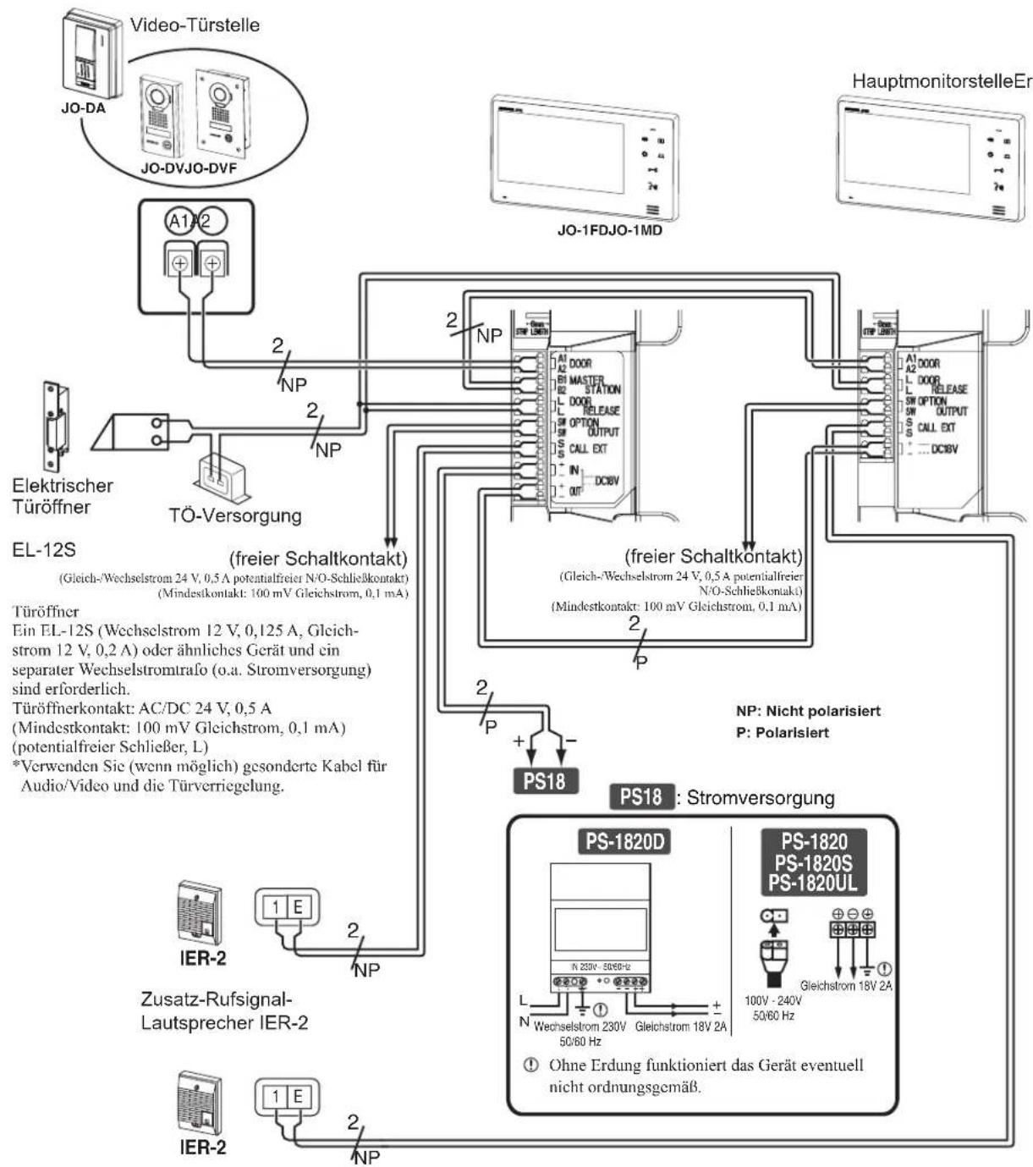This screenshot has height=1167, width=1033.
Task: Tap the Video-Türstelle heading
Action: pyautogui.click(x=195, y=25)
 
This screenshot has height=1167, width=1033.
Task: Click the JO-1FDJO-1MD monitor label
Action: pyautogui.click(x=609, y=229)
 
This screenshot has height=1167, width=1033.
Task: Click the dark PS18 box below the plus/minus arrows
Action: pyautogui.click(x=543, y=780)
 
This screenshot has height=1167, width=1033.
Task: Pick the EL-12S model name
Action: pyautogui.click(x=44, y=550)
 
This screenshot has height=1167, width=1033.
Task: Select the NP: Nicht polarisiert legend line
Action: pyautogui.click(x=808, y=711)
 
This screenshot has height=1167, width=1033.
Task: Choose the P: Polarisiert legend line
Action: pyautogui.click(x=783, y=732)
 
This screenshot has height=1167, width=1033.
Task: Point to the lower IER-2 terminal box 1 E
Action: pyautogui.click(x=287, y=1096)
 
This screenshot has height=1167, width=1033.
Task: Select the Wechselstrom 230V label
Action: pyautogui.click(x=580, y=1027)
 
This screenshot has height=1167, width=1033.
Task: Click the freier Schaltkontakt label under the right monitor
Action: pyautogui.click(x=713, y=556)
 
